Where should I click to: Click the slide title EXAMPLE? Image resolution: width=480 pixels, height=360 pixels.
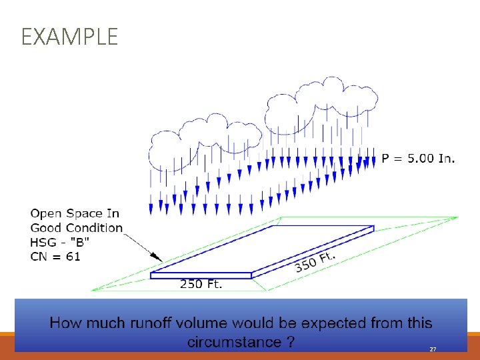point(69,37)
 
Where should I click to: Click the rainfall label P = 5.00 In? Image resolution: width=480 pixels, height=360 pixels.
point(418,159)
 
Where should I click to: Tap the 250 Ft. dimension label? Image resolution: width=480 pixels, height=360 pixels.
point(201,285)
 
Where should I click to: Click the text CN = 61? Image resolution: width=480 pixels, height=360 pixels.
point(55,256)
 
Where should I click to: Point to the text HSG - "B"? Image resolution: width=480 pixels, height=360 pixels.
point(59,242)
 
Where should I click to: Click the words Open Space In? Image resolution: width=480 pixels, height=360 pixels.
point(75,213)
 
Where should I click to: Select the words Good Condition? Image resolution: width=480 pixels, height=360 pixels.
point(77,228)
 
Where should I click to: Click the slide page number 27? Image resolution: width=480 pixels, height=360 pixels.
point(433,349)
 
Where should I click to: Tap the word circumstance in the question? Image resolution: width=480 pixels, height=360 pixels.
point(234,342)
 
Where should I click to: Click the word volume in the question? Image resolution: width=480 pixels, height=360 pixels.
point(225,323)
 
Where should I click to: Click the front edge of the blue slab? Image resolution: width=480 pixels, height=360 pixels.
point(201,275)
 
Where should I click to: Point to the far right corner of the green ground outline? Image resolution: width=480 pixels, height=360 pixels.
point(457,217)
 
